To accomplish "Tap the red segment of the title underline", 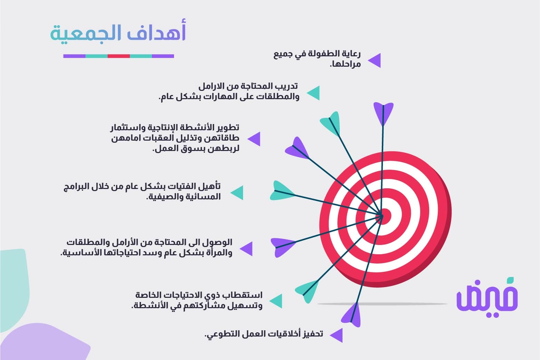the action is (x=119, y=56).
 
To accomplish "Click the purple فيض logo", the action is (x=487, y=297).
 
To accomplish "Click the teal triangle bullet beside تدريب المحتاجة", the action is (x=313, y=93).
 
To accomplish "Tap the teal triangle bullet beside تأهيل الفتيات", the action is (x=237, y=193).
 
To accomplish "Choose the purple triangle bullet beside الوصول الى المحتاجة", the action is (x=246, y=249).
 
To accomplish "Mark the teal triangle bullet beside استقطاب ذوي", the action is (x=276, y=301).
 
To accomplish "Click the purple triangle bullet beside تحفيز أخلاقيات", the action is (x=336, y=335).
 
